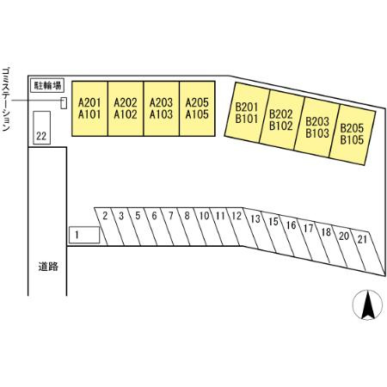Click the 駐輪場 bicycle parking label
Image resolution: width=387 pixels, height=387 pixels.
tap(47, 85)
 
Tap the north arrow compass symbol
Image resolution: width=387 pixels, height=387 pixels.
tap(367, 304)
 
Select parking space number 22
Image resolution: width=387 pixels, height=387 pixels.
tap(42, 128)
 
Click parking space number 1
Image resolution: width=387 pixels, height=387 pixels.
tap(84, 235)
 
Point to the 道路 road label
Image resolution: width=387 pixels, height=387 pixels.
tap(48, 267)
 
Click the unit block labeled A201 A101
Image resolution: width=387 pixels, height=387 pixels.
tap(89, 108)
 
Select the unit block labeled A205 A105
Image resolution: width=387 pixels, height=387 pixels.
tap(197, 108)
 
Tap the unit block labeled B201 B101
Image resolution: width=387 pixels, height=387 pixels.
tap(247, 113)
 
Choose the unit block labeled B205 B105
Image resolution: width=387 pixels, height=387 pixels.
tap(353, 134)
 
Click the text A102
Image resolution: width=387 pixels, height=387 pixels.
tap(126, 114)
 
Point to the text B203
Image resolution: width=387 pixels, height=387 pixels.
tap(317, 121)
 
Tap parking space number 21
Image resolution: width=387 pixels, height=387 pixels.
tap(368, 252)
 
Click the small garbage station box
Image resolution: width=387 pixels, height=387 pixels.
tap(64, 103)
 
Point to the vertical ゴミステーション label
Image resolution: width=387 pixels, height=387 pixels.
tap(6, 99)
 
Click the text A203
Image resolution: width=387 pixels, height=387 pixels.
tap(162, 102)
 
